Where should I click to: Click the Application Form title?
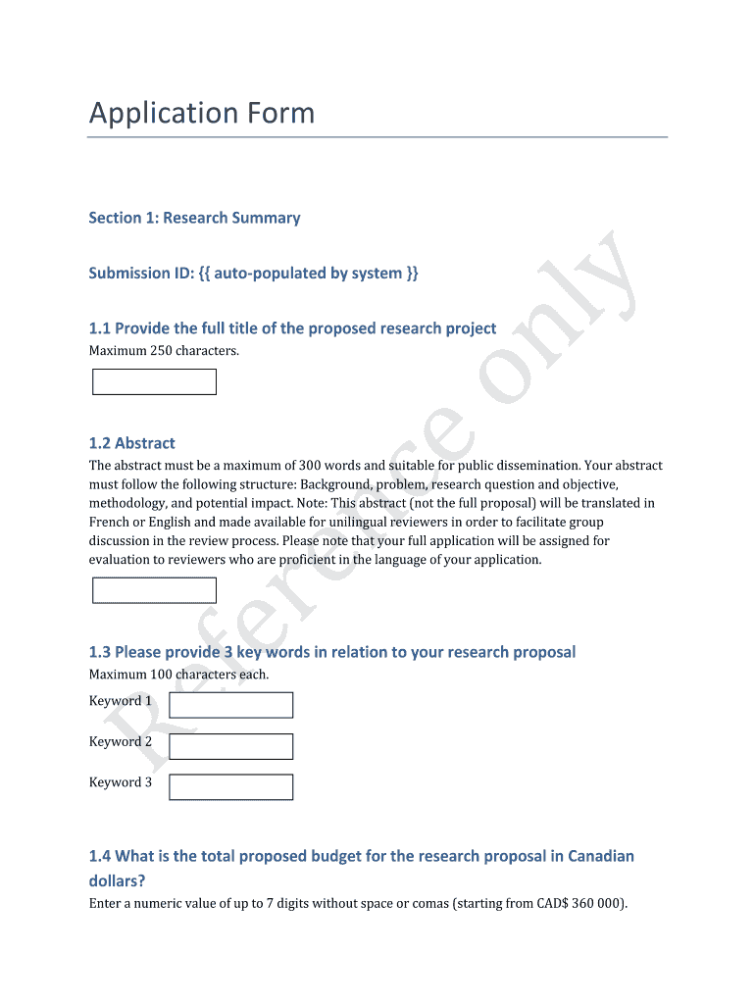click(202, 114)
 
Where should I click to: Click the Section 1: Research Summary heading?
click(194, 218)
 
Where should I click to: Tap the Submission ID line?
click(253, 273)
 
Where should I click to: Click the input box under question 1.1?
click(154, 382)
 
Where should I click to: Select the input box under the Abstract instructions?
click(154, 590)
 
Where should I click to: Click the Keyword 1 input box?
click(230, 705)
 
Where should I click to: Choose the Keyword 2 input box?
click(230, 746)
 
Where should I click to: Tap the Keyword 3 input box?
click(230, 787)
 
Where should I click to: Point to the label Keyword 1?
click(121, 701)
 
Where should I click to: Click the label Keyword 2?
click(121, 742)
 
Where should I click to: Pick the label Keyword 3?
click(121, 782)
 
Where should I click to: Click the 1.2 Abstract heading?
click(132, 443)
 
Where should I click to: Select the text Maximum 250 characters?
click(164, 351)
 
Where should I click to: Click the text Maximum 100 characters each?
click(178, 675)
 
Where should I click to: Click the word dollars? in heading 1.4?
click(118, 881)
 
